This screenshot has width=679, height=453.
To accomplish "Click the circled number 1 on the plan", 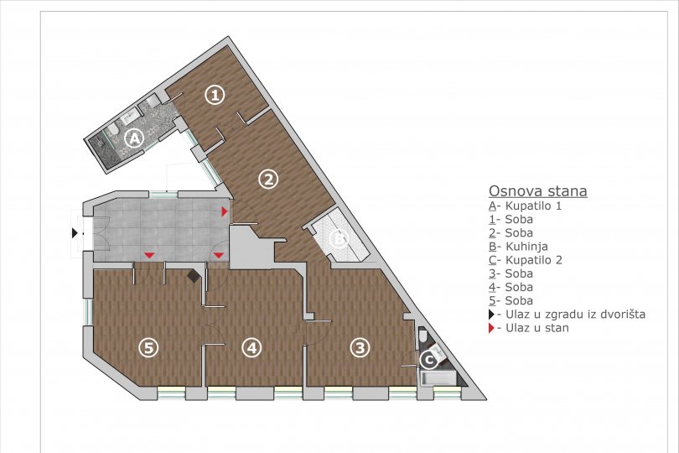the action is click(215, 95).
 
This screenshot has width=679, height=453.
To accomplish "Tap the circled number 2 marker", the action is click(268, 179).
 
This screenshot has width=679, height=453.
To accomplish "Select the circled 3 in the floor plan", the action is click(360, 347).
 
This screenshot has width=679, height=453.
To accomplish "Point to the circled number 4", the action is click(252, 347).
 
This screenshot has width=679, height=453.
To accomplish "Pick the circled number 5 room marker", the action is click(148, 347).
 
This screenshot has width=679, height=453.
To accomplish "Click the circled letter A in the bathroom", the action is click(134, 138).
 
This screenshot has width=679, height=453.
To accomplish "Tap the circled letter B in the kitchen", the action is click(339, 238).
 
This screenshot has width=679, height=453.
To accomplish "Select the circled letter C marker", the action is click(429, 360).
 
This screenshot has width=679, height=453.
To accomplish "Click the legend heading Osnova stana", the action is click(538, 190).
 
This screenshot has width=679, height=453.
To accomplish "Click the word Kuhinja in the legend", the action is click(526, 247).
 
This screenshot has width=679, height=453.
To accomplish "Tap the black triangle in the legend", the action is click(491, 315).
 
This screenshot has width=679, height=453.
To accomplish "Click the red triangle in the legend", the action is click(491, 328).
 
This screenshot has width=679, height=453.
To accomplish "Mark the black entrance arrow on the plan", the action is click(75, 233).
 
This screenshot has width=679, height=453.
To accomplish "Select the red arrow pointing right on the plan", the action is click(225, 211).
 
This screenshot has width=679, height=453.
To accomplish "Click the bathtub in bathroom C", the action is click(437, 378).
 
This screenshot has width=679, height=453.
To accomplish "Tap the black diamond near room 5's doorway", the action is click(194, 276).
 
